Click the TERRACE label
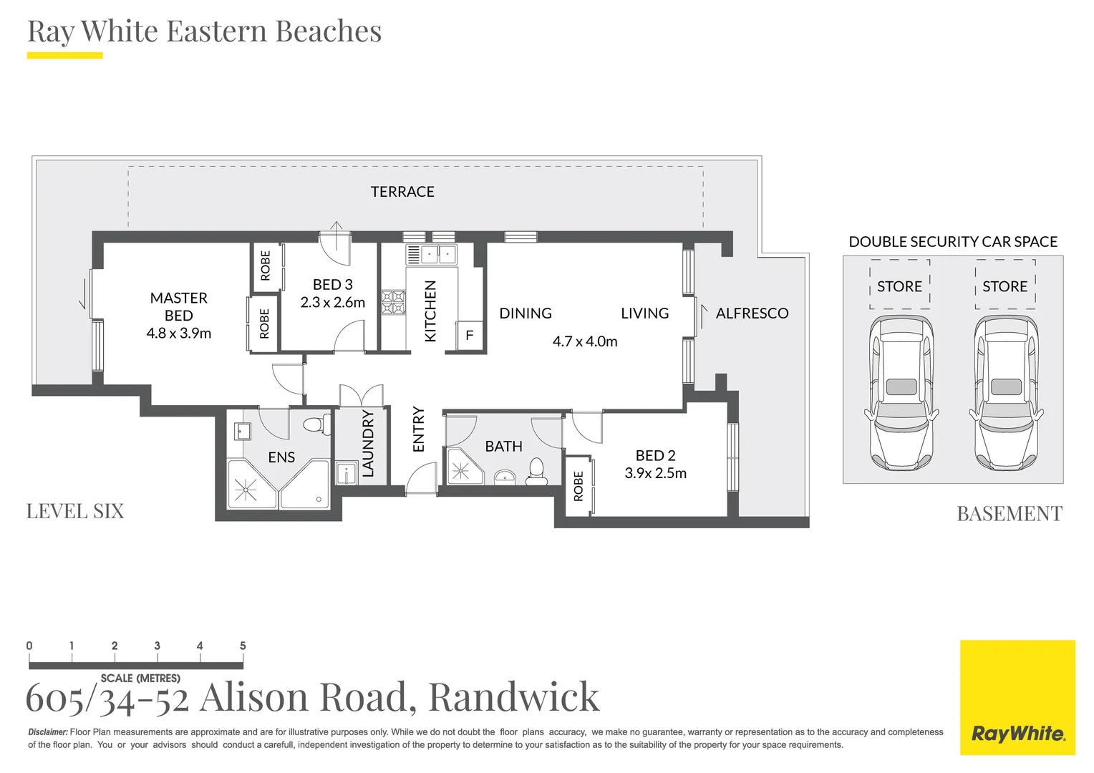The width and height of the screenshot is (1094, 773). pos(402,192)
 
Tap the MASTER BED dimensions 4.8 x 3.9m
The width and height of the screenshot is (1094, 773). pos(178,334)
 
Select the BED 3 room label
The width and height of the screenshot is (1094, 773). pos(332,285)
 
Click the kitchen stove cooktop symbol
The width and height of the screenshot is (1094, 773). pos(392,302)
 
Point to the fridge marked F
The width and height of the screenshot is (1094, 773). pos(470,336)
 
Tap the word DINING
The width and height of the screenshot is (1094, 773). pos(526,313)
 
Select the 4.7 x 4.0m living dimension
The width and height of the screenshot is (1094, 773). pos(584,342)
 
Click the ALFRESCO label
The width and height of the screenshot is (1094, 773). pos(752,313)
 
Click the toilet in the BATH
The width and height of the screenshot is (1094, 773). pos(536,470)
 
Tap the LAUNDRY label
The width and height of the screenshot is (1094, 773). pos(368,444)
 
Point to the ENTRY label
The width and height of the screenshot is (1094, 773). pos(419,429)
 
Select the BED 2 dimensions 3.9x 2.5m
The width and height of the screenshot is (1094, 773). pos(655,474)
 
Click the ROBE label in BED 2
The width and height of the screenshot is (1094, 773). pos(579,486)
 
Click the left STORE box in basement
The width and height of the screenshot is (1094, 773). pos(899,286)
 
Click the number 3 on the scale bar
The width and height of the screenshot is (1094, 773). pos(157,646)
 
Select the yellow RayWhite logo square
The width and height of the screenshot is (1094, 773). pos(1017,697)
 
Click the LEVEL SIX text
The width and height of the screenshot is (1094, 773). pos(75,511)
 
